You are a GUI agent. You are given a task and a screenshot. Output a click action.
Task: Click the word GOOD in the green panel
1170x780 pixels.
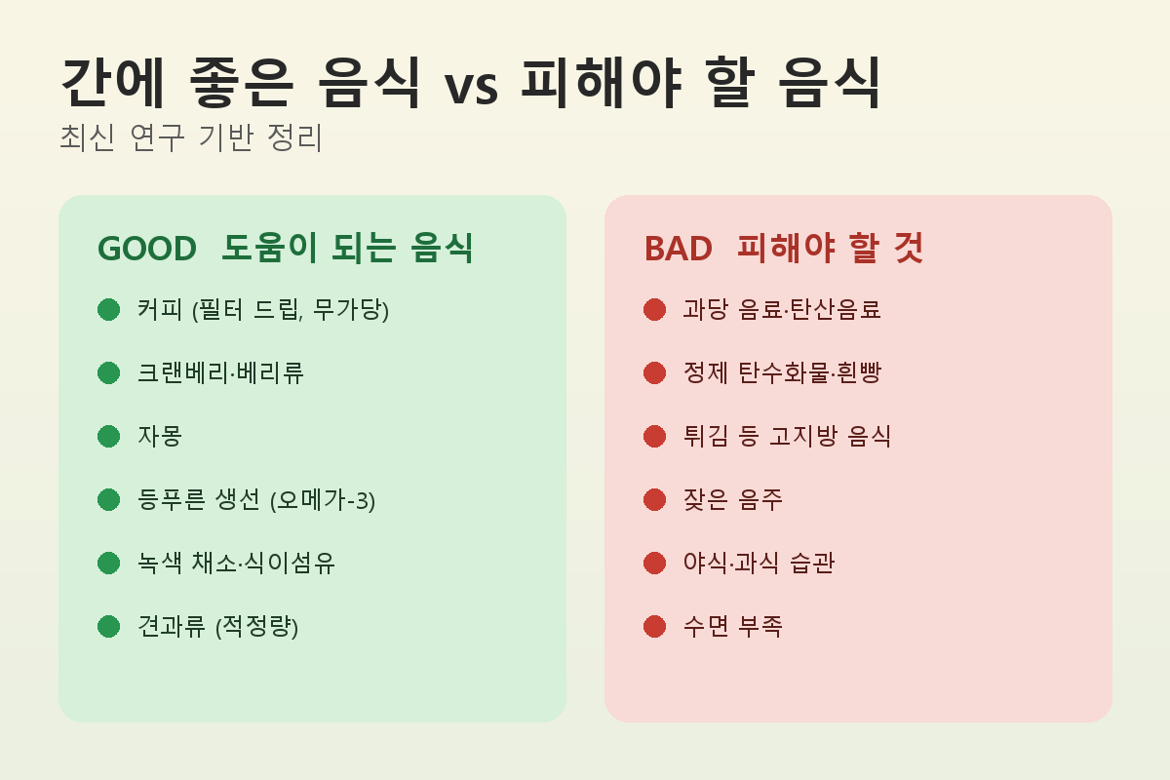[x=147, y=249]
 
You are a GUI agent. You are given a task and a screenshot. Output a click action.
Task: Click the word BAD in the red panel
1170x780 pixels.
[x=678, y=249]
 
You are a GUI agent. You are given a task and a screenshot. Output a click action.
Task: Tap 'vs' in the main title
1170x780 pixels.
[x=471, y=88]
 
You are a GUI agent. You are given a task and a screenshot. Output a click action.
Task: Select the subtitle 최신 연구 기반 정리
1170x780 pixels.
[x=191, y=137]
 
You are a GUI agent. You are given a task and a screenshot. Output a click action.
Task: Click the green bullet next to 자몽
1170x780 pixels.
[x=108, y=436]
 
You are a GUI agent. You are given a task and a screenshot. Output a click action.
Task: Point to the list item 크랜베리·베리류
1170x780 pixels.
[x=220, y=373]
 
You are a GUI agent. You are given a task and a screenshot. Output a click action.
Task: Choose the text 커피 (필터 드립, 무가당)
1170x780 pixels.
[x=263, y=310]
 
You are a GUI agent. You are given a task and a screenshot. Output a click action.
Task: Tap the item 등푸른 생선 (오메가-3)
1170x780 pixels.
[x=256, y=500]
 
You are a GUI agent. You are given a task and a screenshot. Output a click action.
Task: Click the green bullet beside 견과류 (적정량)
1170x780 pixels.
[x=108, y=626]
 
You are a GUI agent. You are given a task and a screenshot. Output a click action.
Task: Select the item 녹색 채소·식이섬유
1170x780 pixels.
[x=236, y=564]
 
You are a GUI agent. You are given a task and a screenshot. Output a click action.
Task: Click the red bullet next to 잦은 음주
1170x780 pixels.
[x=654, y=499]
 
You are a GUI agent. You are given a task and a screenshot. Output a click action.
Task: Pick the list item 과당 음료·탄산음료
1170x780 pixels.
[x=782, y=309]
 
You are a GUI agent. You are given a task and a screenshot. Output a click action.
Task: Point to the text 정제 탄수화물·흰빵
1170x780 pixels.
[x=782, y=373]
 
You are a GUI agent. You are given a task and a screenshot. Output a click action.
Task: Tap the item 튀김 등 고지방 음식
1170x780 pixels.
[x=787, y=436]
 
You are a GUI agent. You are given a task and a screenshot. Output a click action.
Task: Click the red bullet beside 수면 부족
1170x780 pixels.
[x=654, y=626]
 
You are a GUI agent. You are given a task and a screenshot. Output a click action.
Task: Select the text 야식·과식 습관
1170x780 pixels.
[x=759, y=564]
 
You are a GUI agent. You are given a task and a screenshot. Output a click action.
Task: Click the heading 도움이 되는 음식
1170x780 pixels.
[x=347, y=248]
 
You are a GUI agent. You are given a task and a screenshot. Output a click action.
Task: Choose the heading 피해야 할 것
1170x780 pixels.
[x=831, y=248]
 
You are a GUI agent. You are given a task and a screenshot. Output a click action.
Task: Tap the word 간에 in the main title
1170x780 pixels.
[x=113, y=83]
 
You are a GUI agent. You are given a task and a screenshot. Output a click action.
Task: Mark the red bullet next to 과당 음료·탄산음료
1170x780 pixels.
[x=654, y=309]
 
